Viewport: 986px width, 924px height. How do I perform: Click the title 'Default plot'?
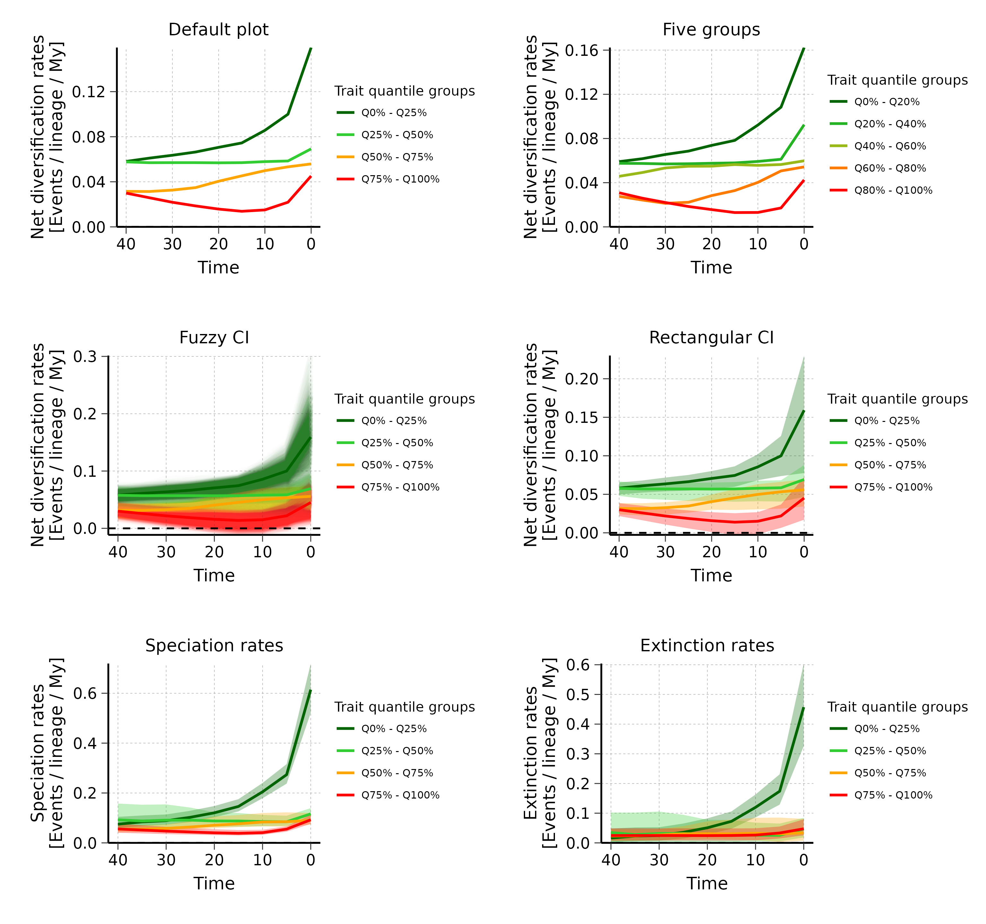pos(218,30)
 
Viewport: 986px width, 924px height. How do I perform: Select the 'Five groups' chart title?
pos(711,30)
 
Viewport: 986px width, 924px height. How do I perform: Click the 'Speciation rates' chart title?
pos(214,646)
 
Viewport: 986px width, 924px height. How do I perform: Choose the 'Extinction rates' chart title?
pos(707,646)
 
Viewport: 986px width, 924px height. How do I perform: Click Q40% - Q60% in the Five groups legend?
pos(890,146)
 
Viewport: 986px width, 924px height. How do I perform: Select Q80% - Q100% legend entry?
pos(893,190)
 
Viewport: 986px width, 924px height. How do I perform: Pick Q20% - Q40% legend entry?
pos(890,124)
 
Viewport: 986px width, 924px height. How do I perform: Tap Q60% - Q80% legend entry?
pos(890,168)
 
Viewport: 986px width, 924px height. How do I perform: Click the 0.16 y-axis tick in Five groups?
pos(581,51)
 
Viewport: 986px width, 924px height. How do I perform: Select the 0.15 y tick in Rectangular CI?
pos(581,417)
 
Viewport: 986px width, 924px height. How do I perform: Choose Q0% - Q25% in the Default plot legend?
pos(394,113)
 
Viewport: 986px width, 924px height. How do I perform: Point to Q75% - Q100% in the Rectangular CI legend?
pos(893,487)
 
